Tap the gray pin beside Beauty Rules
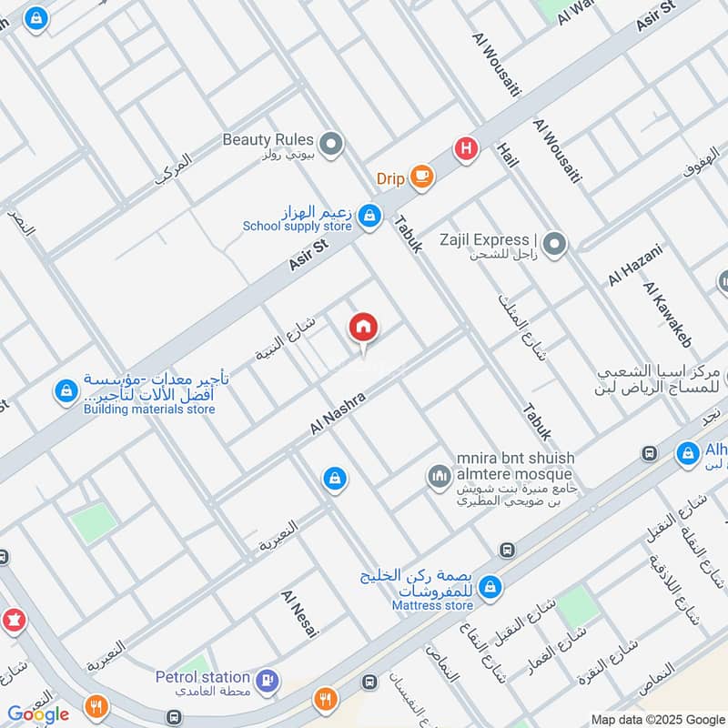click(x=332, y=143)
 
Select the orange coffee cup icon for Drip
click(x=420, y=177)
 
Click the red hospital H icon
click(x=466, y=148)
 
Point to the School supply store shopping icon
click(x=369, y=216)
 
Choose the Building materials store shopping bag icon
click(x=65, y=391)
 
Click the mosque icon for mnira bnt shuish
click(x=439, y=475)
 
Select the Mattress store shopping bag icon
click(x=490, y=587)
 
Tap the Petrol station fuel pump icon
click(x=266, y=679)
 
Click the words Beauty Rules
click(x=268, y=140)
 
